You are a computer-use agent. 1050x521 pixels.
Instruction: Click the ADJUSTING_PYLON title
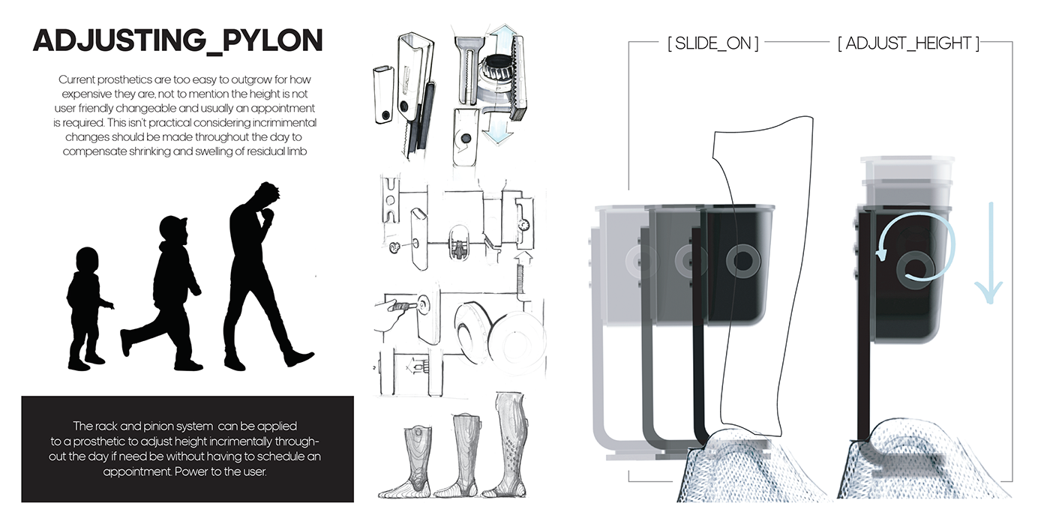[x=178, y=41]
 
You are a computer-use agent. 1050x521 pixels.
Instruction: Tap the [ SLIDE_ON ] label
[x=713, y=43]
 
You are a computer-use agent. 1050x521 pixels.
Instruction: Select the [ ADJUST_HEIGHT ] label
[x=908, y=43]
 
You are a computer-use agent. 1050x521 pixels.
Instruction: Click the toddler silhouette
[x=89, y=309]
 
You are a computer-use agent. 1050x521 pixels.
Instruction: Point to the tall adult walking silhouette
[x=267, y=277]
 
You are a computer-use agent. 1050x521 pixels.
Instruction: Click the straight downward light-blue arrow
[x=990, y=253]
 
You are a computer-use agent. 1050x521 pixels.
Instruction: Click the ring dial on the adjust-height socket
[x=914, y=271]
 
